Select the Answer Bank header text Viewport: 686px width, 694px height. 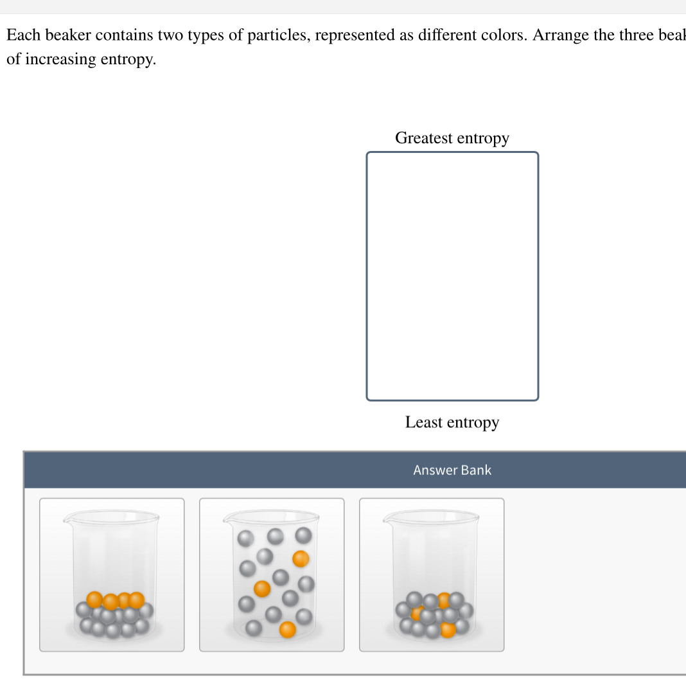pos(452,470)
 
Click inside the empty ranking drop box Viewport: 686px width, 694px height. pos(452,276)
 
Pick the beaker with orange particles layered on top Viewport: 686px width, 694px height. pos(112,574)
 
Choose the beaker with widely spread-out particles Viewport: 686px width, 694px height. pos(272,574)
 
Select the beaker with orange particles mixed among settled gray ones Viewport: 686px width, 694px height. pos(432,574)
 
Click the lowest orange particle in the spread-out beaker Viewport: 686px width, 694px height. pos(288,630)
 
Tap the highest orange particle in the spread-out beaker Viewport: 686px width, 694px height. pos(301,559)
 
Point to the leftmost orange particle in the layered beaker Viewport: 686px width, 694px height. pos(95,600)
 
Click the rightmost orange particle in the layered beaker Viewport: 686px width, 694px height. pos(136,600)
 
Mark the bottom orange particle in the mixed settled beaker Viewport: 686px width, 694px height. pos(448,629)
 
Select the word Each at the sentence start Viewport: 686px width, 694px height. pos(24,35)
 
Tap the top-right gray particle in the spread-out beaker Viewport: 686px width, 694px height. pos(303,535)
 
